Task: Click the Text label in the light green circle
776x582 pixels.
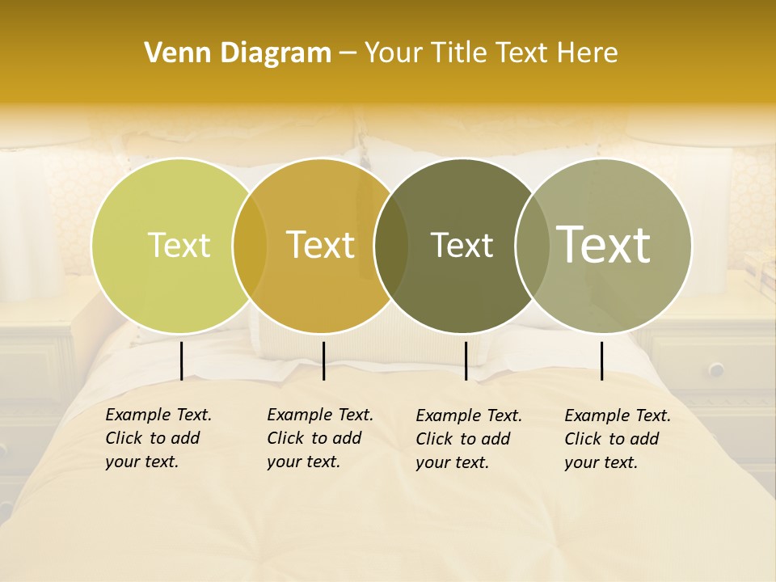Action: [x=179, y=246]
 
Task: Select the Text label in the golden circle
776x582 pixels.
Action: [x=321, y=246]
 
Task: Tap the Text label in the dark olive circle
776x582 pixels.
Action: [x=462, y=246]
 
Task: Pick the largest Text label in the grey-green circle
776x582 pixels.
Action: [x=604, y=245]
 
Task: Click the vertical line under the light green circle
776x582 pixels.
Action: [x=181, y=361]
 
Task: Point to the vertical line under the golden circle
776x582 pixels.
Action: [x=323, y=361]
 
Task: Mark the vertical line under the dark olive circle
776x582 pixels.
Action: [x=466, y=361]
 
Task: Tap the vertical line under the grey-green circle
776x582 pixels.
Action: [x=601, y=361]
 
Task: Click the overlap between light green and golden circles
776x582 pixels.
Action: [x=250, y=246]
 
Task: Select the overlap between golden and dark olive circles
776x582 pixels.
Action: [x=391, y=246]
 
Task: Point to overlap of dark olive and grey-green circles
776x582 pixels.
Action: [x=532, y=246]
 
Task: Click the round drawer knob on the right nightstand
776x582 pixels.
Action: [x=716, y=370]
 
